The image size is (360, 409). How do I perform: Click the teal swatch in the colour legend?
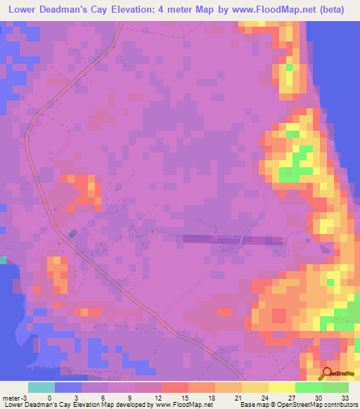click(x=41, y=387)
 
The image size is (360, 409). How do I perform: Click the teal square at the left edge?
click(x=3, y=260)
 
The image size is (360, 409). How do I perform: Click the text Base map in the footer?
click(x=252, y=404)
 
